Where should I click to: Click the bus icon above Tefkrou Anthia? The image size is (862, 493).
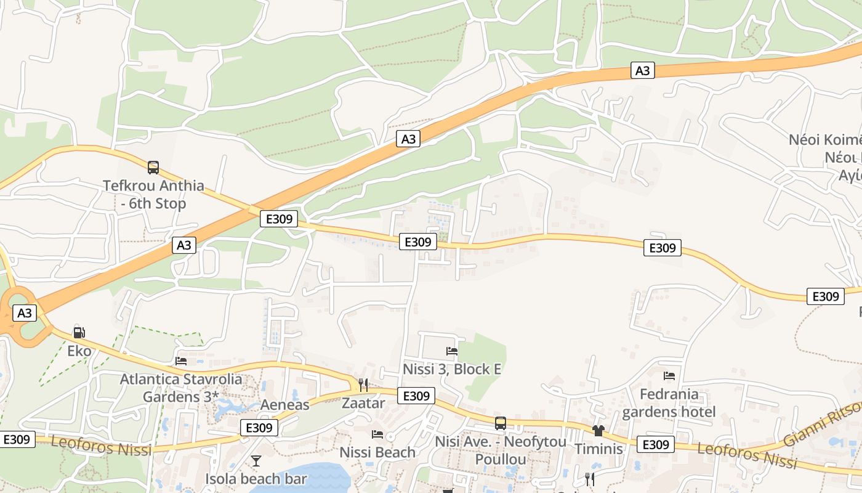click(153, 167)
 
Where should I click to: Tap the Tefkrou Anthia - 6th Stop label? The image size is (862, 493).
click(153, 194)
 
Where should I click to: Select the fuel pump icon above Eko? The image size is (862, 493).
click(79, 333)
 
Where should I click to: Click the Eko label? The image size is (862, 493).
click(79, 351)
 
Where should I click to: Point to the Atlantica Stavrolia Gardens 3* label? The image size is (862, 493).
click(181, 388)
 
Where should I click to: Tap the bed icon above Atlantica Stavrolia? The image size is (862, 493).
click(181, 361)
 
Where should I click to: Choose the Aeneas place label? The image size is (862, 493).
click(284, 405)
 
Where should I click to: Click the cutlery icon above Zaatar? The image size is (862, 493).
click(363, 385)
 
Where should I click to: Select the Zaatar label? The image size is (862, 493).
click(363, 404)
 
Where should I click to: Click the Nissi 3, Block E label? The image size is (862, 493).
click(451, 369)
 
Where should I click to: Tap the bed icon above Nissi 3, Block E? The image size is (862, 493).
click(451, 351)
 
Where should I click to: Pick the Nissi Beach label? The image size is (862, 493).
click(377, 452)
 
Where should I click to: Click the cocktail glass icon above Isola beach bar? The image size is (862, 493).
click(256, 460)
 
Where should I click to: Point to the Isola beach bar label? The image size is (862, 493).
click(256, 479)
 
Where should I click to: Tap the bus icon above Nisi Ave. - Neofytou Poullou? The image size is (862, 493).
click(500, 423)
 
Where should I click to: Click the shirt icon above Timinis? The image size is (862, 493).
click(598, 430)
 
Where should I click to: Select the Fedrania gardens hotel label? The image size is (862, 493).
click(669, 403)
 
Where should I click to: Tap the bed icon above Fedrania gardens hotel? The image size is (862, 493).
click(669, 376)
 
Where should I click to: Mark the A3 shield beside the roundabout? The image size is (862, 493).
click(24, 313)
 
